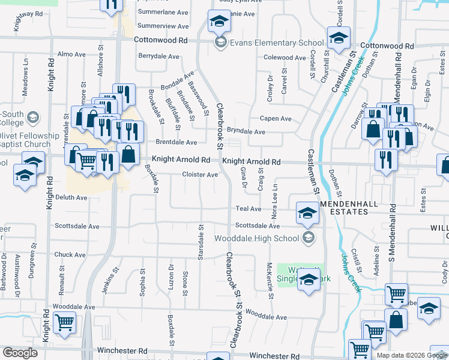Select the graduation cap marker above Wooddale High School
[307, 212]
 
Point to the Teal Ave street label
[249, 209]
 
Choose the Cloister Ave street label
[200, 175]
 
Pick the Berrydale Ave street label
[159, 56]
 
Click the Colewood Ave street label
[285, 58]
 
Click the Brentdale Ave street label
[176, 142]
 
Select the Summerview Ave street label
[163, 26]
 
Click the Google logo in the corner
[20, 353]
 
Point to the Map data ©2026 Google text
[411, 355]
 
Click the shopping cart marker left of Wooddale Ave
[64, 323]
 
